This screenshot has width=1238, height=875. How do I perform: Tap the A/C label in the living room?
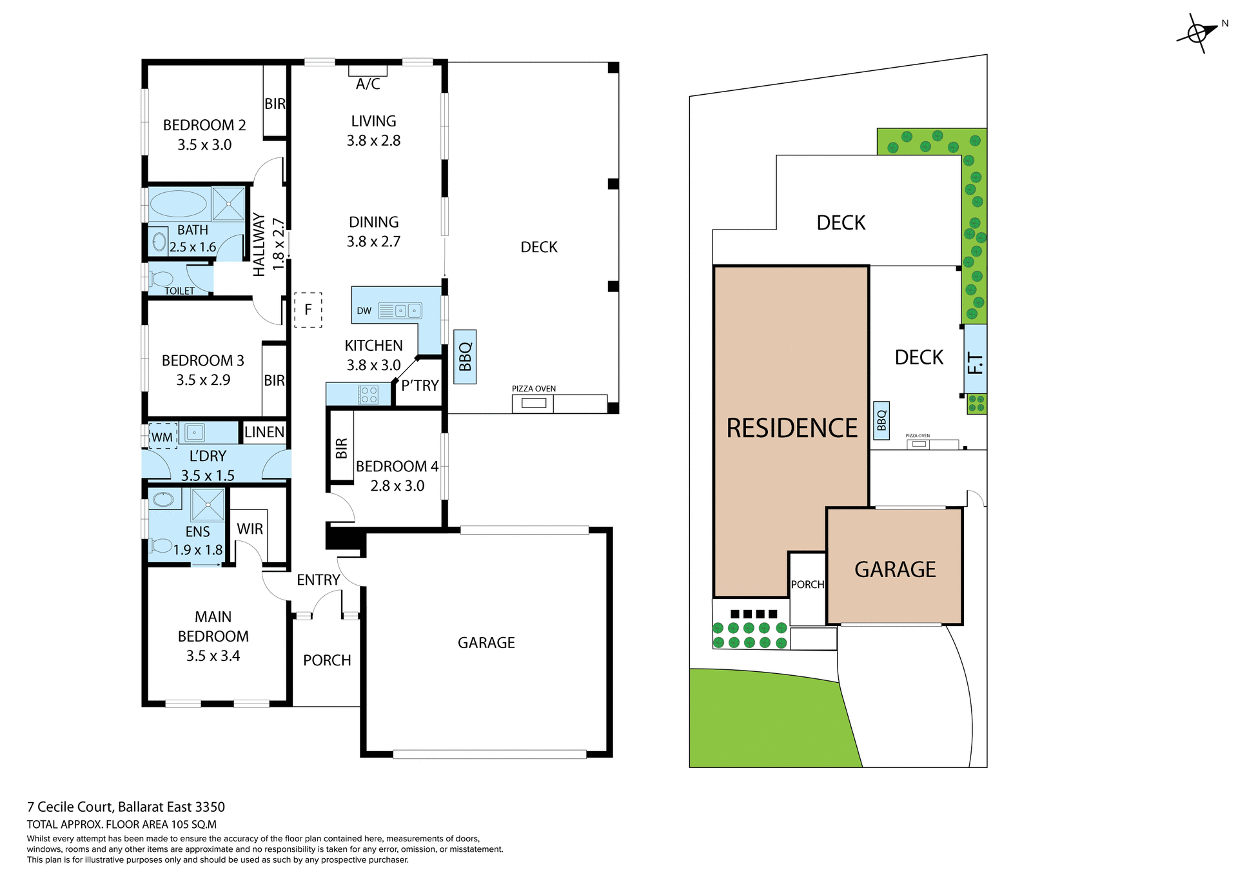(368, 84)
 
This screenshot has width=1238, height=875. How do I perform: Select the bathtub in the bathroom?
(178, 204)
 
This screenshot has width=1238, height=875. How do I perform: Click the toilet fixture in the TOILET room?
(162, 279)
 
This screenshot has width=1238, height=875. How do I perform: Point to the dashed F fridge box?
(308, 310)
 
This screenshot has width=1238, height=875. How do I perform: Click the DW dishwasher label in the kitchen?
(364, 311)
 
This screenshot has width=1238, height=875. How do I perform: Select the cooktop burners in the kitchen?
(369, 395)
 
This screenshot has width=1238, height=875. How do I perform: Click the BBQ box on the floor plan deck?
(465, 357)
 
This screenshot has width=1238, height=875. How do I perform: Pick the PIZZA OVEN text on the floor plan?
(533, 389)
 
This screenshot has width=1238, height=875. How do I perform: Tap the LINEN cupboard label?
(264, 432)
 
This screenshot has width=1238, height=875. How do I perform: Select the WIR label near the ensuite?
(250, 529)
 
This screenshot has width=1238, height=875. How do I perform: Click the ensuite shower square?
(208, 505)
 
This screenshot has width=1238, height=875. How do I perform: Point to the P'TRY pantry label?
(420, 386)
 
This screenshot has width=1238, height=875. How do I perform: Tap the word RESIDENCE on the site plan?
(792, 428)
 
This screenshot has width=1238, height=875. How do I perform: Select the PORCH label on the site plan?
(807, 584)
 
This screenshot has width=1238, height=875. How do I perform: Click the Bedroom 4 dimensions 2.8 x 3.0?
(397, 486)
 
